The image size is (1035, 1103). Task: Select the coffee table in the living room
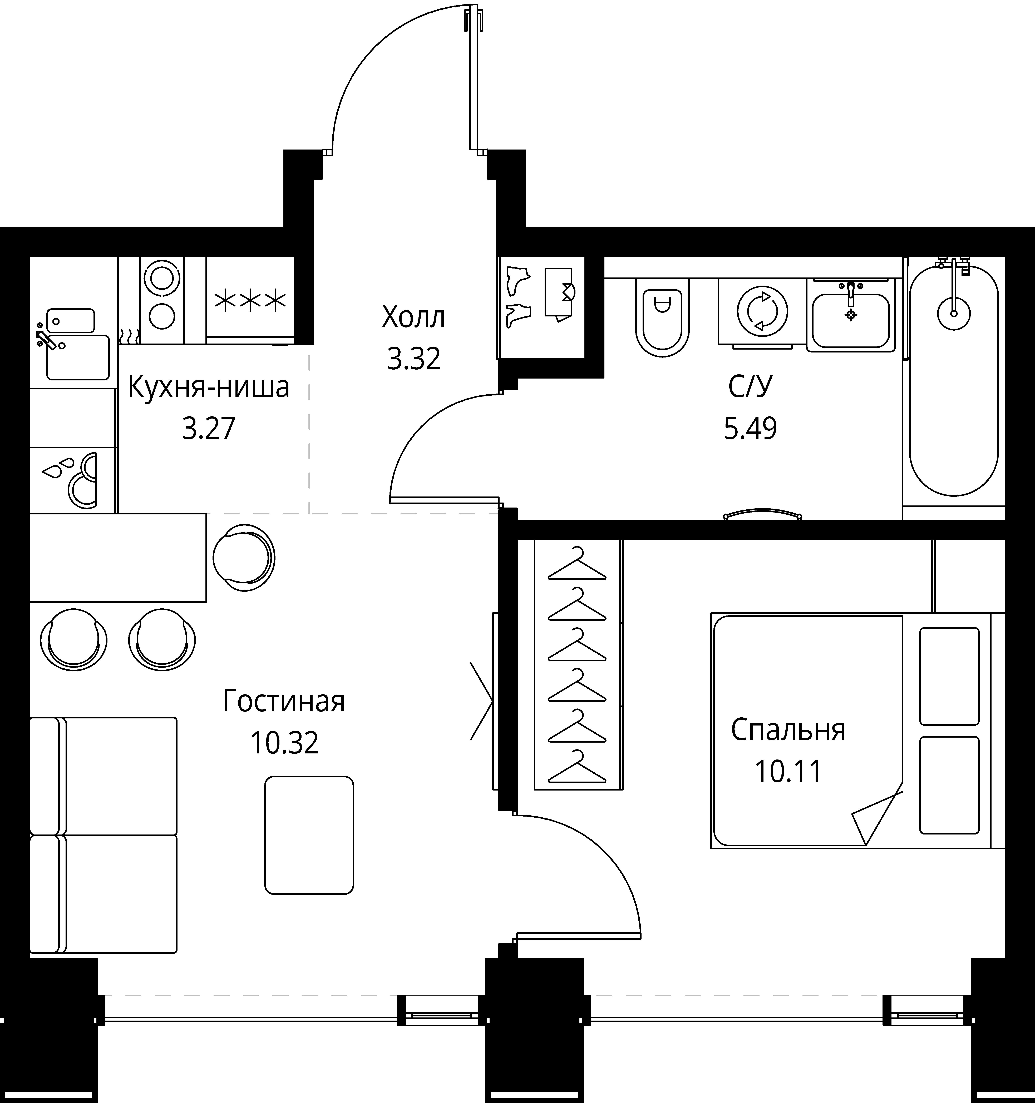pyautogui.click(x=309, y=835)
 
